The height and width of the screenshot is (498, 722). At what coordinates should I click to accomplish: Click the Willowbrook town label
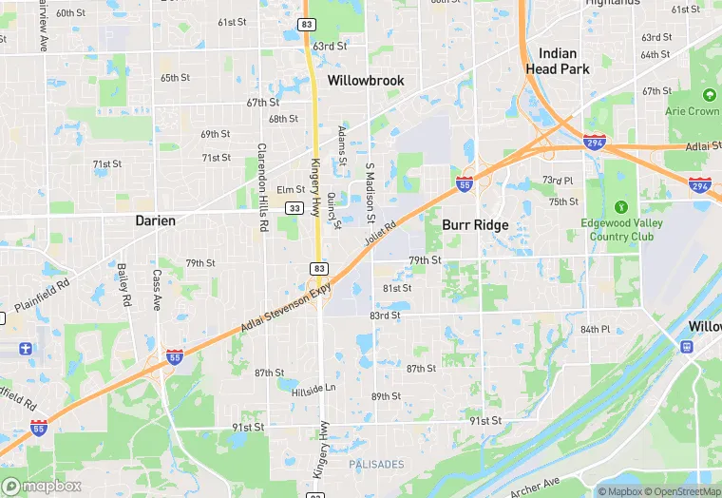tap(366, 81)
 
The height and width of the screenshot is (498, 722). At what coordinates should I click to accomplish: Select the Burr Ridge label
tap(475, 225)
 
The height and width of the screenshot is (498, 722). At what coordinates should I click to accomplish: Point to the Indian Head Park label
tap(558, 62)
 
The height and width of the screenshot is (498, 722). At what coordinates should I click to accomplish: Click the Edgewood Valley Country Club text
tap(621, 229)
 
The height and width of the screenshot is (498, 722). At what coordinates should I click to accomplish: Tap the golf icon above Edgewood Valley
tap(621, 206)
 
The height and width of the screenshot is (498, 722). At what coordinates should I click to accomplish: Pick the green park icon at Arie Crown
tap(708, 95)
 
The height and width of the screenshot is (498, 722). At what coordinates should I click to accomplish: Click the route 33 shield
tap(295, 208)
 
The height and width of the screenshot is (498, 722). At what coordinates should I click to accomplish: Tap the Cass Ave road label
tap(157, 290)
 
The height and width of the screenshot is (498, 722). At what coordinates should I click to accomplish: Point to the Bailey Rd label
tap(123, 285)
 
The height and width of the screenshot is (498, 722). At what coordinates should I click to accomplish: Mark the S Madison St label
tap(370, 182)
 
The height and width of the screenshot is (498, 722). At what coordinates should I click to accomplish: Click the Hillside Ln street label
tap(313, 388)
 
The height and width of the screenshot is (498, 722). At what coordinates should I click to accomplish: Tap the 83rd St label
tap(385, 315)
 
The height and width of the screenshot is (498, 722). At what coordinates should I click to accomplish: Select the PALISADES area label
tap(377, 465)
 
